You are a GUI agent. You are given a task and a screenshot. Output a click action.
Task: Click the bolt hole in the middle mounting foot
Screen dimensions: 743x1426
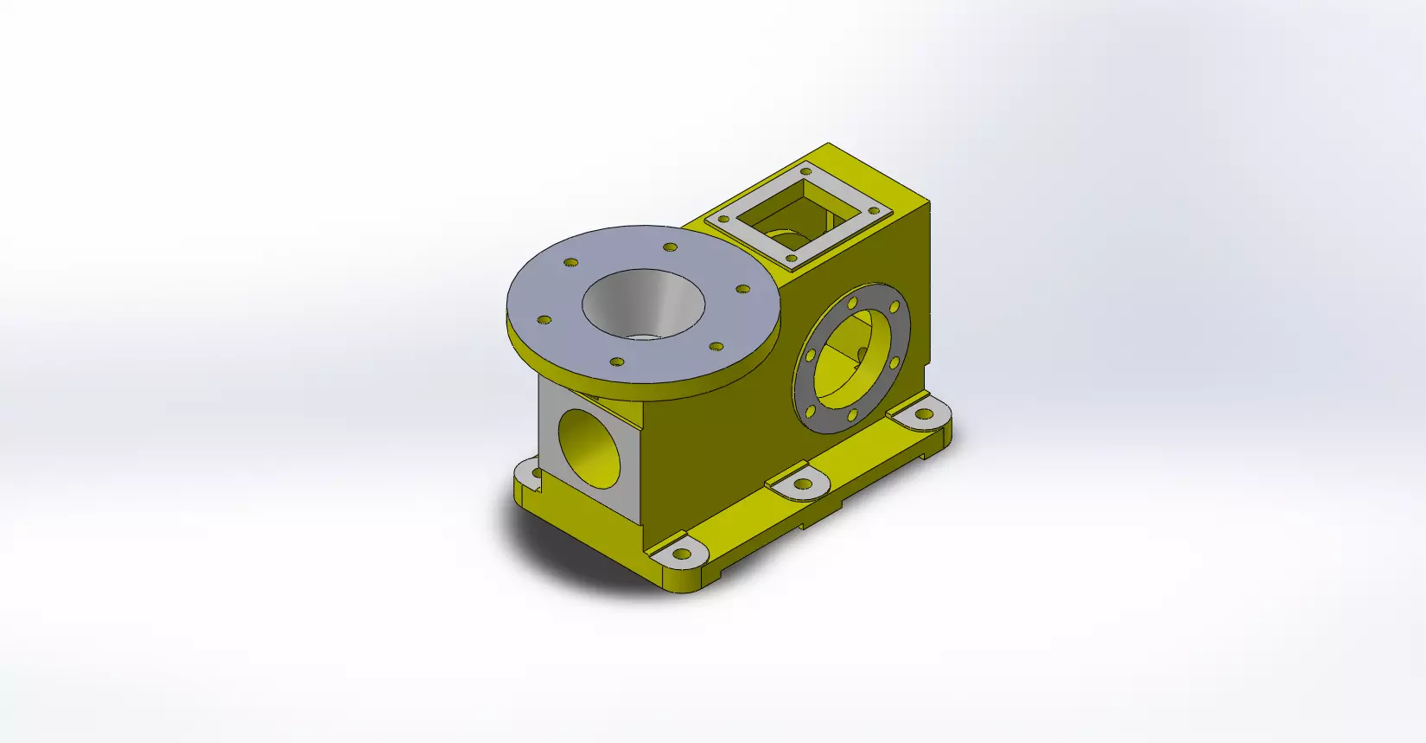click(x=805, y=484)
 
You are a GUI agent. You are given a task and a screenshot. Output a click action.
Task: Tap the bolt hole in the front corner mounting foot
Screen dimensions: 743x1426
click(x=683, y=554)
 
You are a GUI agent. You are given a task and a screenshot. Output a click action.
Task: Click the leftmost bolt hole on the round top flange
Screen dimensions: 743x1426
click(x=544, y=320)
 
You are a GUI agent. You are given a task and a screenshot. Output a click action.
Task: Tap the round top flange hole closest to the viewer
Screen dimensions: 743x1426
click(x=616, y=362)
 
